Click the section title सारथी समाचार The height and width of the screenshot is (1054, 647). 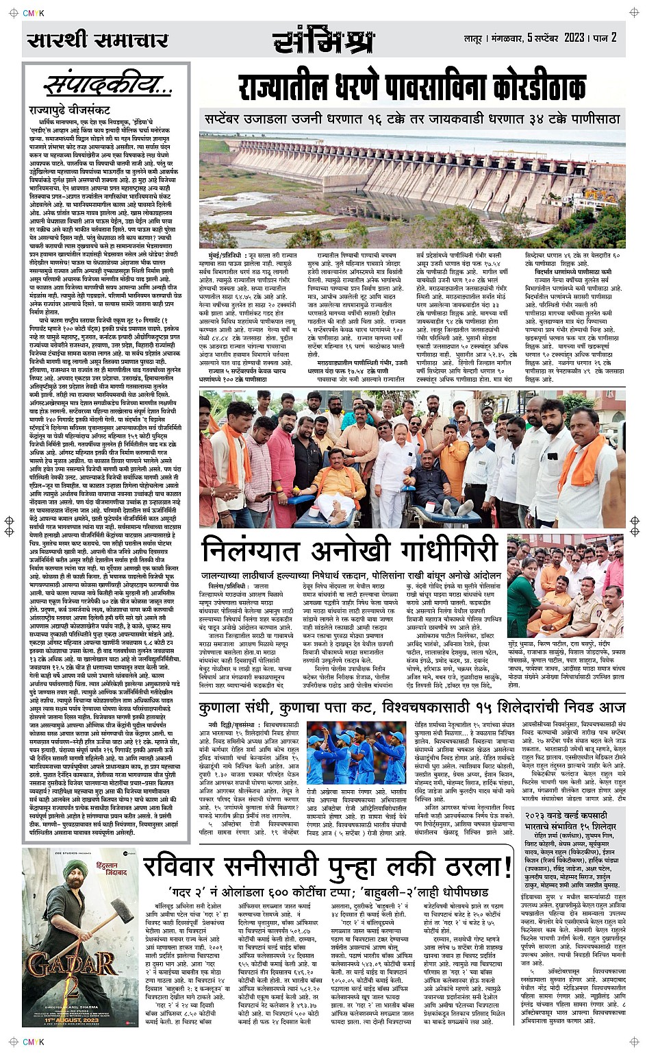tap(97, 40)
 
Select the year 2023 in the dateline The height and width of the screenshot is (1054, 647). tap(574, 37)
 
